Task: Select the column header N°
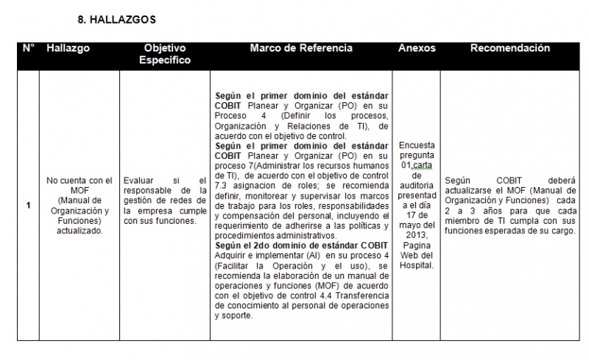pos(28,49)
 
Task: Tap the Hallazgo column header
pos(68,49)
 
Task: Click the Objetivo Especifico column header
pos(165,54)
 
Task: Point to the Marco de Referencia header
pos(301,49)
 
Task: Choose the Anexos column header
pos(417,49)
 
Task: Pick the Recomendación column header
pos(510,49)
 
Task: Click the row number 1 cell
pos(28,205)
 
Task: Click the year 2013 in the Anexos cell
pos(417,234)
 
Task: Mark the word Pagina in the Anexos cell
pos(417,244)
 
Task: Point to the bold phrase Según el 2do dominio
pos(261,244)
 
